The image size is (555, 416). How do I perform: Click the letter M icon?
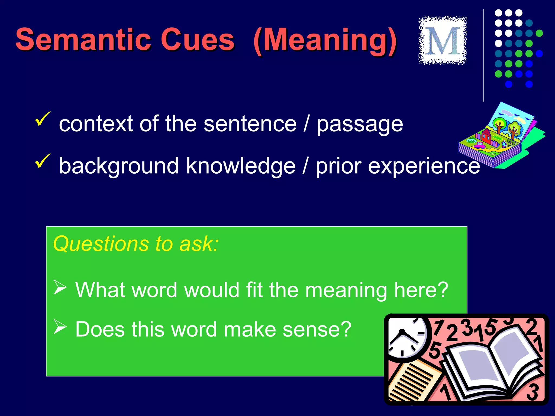click(443, 41)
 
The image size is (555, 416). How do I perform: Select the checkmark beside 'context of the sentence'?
click(43, 119)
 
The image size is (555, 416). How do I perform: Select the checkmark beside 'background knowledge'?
click(43, 160)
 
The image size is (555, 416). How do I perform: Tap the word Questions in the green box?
click(101, 244)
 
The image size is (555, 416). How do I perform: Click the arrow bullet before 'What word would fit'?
click(60, 287)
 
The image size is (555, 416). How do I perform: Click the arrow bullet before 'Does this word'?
click(60, 327)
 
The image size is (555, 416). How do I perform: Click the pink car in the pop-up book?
click(480, 145)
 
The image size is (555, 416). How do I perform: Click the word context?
click(96, 124)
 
